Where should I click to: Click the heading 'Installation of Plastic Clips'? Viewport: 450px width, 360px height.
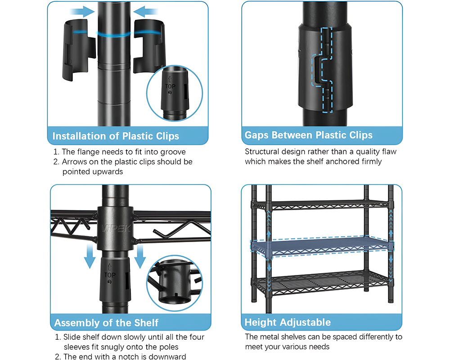click(x=116, y=136)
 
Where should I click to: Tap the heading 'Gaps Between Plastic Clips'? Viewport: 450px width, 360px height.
click(x=309, y=135)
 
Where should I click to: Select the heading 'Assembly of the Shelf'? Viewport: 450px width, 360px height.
click(x=106, y=323)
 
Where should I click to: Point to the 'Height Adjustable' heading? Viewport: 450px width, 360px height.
click(x=288, y=322)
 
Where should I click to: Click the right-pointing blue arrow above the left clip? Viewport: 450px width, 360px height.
click(x=82, y=12)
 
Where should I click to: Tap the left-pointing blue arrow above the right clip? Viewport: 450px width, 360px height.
click(x=145, y=12)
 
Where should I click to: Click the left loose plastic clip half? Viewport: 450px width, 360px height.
click(x=79, y=50)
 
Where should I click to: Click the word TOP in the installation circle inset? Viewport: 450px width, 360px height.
click(x=170, y=86)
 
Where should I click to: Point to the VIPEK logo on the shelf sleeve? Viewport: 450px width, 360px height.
click(x=116, y=228)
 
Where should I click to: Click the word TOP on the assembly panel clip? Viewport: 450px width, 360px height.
click(x=110, y=275)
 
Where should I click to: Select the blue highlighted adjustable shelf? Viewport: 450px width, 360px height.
click(x=322, y=246)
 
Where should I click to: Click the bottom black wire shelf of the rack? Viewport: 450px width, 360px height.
click(x=321, y=283)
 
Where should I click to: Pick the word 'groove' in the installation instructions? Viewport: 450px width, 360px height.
click(x=173, y=152)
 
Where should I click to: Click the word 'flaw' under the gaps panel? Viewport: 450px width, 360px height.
click(x=388, y=151)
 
